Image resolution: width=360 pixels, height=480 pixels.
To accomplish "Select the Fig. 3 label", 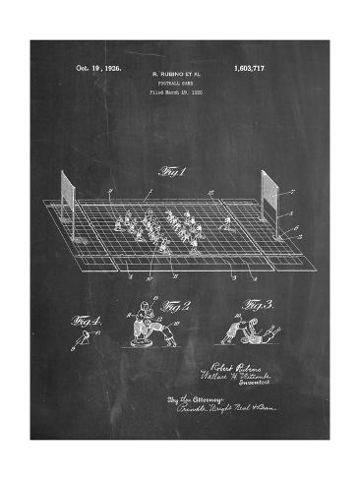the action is click(259, 306).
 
